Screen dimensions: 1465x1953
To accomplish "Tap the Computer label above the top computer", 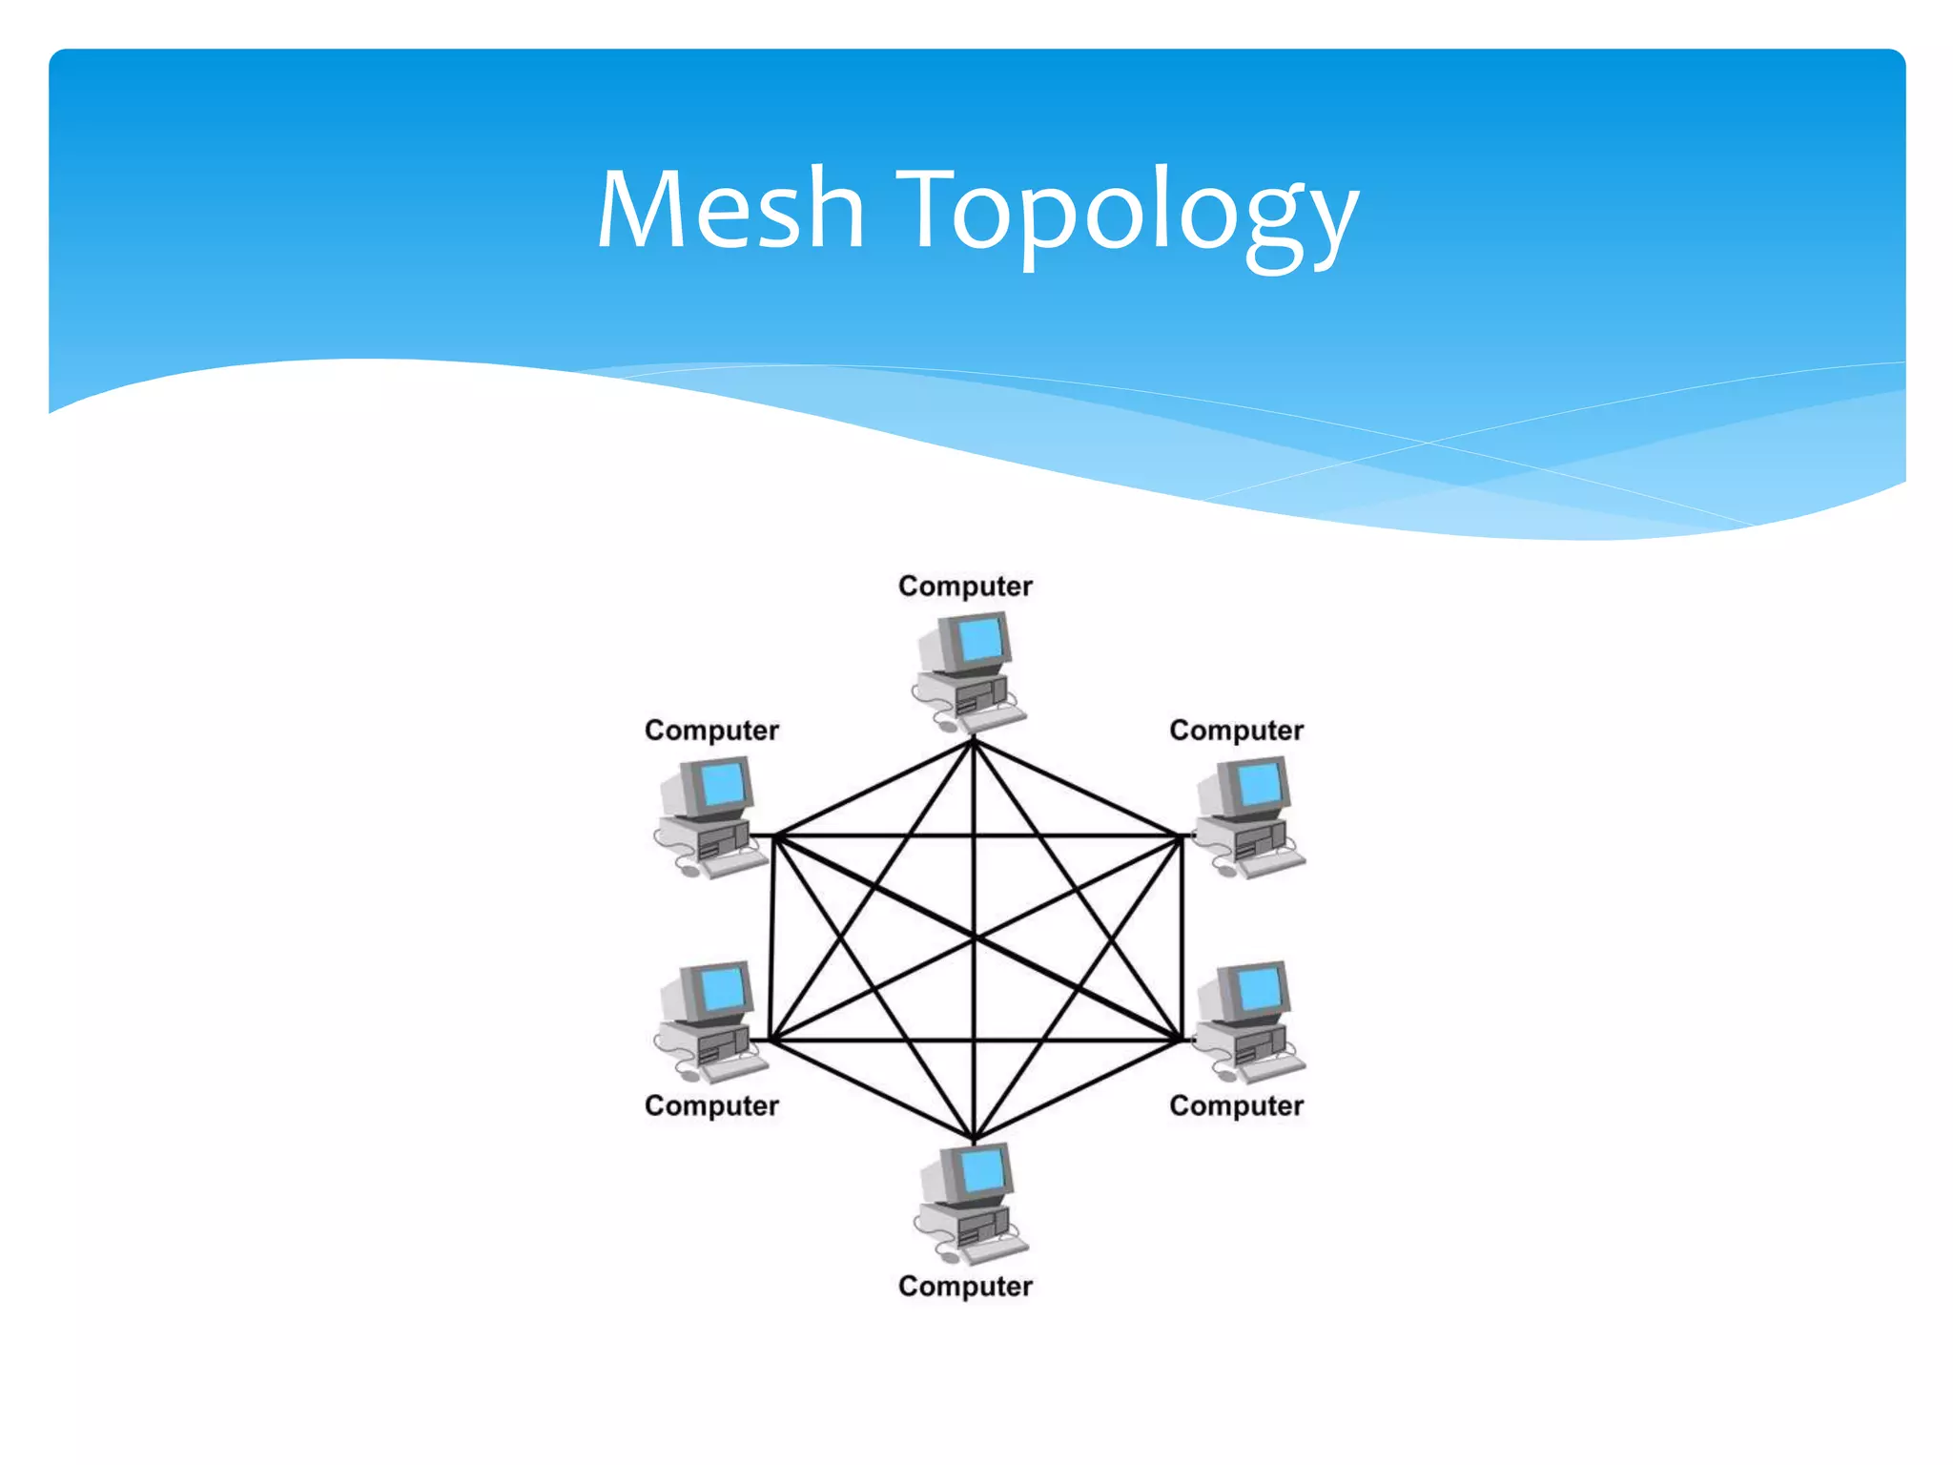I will pos(965,586).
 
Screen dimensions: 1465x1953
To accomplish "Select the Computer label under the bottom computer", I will pos(965,1286).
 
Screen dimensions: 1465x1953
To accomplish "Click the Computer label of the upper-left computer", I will pos(711,731).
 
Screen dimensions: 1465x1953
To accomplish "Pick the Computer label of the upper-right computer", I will pos(1236,731).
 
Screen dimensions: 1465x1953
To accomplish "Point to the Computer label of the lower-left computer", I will pos(711,1105).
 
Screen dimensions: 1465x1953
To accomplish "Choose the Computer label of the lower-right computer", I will pos(1236,1105).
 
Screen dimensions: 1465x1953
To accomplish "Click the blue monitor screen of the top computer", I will pos(981,639).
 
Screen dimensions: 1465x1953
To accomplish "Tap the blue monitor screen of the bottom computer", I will pos(983,1170).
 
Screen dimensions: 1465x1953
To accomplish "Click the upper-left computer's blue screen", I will pos(723,783).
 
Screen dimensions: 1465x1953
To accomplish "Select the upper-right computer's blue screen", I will pos(1260,783).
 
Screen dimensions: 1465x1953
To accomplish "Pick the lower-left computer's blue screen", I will pos(723,988).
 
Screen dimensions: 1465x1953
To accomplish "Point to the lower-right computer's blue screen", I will pos(1260,988).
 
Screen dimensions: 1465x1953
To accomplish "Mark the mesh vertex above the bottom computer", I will pos(974,1140).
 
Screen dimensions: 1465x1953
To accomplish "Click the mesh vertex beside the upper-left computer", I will pos(775,836).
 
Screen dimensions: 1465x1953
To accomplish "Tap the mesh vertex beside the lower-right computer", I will pos(1181,1040).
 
